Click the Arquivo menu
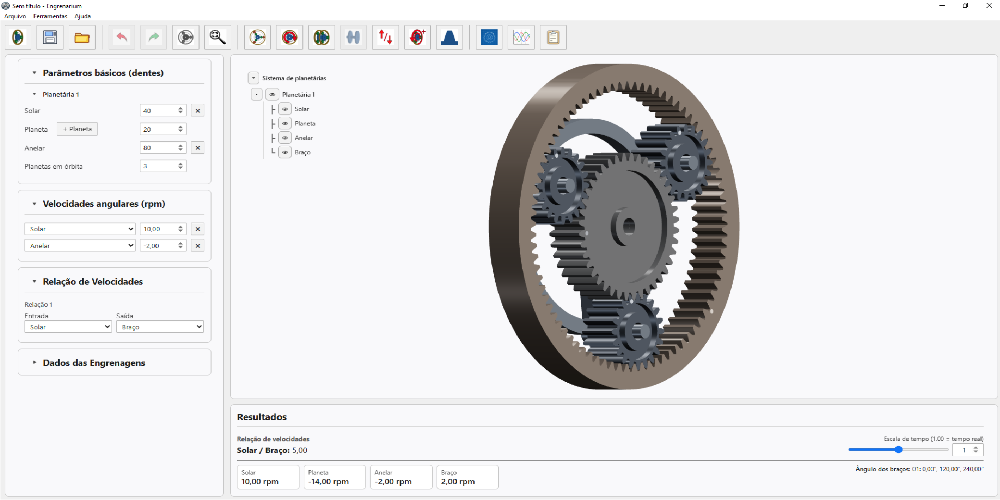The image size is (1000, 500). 15,16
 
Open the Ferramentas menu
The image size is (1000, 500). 50,16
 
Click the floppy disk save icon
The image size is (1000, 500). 50,37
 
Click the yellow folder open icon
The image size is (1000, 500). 82,37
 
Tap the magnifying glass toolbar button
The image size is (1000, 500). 217,37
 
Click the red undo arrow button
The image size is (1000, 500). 122,37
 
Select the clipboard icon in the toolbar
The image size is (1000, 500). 553,37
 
